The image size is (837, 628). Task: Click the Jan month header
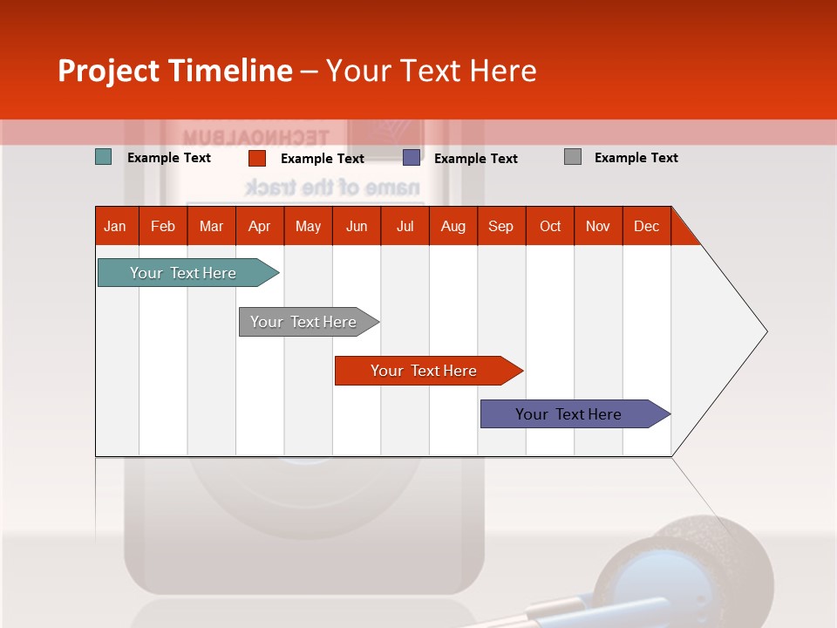point(116,226)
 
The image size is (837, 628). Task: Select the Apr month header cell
point(259,226)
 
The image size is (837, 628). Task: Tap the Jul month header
point(405,226)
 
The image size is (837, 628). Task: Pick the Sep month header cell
point(500,226)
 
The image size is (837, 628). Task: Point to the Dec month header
point(646,226)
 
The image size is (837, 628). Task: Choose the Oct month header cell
point(549,226)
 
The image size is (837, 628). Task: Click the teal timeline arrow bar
point(184,273)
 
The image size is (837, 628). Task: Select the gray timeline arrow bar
point(304,322)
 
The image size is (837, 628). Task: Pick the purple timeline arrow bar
point(569,414)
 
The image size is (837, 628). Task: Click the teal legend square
point(103,157)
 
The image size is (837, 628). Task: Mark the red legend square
point(256,158)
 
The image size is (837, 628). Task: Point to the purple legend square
point(411,157)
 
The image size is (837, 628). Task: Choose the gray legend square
point(572,157)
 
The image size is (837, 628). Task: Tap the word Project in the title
point(109,71)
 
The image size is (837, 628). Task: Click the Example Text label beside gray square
point(636,158)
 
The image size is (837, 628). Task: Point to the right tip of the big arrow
point(766,331)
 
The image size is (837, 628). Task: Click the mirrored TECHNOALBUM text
point(255,137)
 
